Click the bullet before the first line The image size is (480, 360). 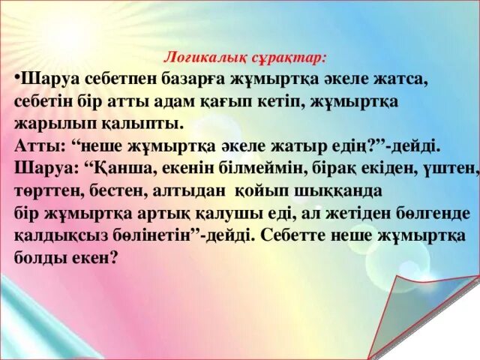17,77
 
